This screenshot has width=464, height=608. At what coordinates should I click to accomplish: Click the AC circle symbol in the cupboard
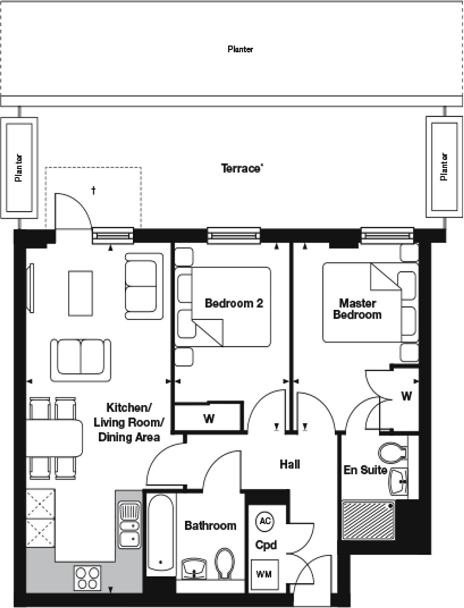[265, 521]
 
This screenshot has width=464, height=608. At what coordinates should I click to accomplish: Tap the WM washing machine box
[265, 574]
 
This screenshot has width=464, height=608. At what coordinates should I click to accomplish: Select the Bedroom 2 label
[234, 303]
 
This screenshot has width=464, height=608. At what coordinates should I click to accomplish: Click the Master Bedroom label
[357, 309]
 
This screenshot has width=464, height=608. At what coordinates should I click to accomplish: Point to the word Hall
[290, 464]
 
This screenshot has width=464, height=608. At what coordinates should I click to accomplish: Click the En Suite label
[365, 470]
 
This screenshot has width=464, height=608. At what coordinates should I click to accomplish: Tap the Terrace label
[242, 168]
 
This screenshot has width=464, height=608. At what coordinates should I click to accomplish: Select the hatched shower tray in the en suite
[368, 520]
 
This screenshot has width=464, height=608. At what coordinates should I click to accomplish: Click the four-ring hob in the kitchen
[87, 578]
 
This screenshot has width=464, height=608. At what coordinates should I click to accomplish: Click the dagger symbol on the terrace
[94, 190]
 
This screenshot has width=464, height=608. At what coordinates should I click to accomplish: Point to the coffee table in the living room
[80, 293]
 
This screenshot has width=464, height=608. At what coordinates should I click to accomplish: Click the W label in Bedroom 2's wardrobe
[209, 419]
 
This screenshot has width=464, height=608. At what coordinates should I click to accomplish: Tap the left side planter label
[19, 168]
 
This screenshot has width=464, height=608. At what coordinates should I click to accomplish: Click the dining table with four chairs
[53, 438]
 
